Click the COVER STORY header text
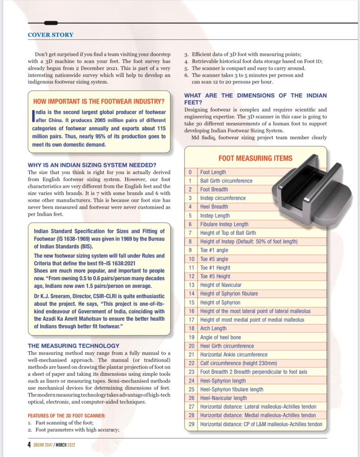click(x=50, y=35)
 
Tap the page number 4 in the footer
click(x=29, y=444)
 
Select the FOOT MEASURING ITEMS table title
click(x=255, y=158)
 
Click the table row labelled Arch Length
click(x=213, y=328)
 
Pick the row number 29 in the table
click(x=191, y=424)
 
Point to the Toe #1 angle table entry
click(x=214, y=250)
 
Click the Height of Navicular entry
click(x=221, y=285)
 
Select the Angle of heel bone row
click(x=220, y=337)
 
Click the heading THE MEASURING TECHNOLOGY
click(x=74, y=345)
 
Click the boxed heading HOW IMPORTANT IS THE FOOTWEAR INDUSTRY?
click(x=99, y=101)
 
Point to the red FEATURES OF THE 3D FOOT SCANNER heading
click(x=67, y=415)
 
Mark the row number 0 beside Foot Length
click(x=191, y=172)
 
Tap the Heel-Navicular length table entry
click(x=223, y=398)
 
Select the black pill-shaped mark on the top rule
click(x=51, y=23)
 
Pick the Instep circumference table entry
click(x=222, y=198)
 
